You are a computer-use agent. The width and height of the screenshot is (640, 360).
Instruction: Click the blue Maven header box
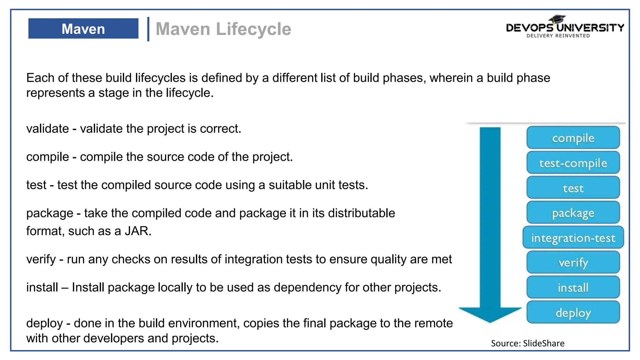[x=83, y=28]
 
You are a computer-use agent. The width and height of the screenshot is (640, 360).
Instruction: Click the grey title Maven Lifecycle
[x=223, y=29]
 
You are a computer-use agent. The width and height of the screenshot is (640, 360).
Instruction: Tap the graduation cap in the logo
[x=557, y=19]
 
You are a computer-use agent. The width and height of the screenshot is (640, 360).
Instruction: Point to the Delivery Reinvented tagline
[x=558, y=36]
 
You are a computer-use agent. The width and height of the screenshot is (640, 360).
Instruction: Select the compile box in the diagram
[x=573, y=138]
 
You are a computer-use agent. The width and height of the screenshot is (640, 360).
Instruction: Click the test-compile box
[x=573, y=163]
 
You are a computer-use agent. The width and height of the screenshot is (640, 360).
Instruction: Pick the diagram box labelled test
[x=573, y=188]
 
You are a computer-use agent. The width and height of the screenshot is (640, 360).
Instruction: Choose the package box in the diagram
[x=573, y=213]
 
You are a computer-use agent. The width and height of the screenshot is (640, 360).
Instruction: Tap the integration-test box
[x=573, y=238]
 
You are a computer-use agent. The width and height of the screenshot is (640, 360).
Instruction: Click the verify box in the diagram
[x=573, y=262]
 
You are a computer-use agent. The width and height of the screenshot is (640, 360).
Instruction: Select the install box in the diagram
[x=573, y=287]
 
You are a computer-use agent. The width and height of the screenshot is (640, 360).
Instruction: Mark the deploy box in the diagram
[x=573, y=312]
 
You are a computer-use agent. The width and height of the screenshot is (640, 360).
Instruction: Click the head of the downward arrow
[x=490, y=314]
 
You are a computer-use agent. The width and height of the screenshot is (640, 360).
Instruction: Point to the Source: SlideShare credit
[x=527, y=343]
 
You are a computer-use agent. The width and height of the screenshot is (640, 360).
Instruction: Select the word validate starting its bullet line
[x=47, y=129]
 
